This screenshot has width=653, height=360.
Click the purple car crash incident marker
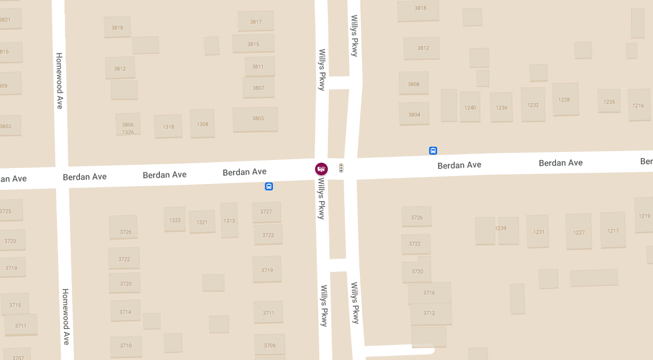321,169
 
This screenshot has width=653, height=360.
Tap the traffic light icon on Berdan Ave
341,168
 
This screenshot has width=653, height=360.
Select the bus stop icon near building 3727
269,186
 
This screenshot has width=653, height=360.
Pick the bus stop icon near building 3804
433,151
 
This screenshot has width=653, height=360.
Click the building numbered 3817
256,21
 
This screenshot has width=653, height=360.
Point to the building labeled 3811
259,67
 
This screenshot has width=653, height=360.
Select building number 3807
259,87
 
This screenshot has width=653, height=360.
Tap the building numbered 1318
168,126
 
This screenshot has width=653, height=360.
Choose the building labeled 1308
203,124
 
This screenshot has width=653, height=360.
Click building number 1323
175,220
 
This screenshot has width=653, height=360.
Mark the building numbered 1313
229,220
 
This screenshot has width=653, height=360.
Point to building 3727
267,212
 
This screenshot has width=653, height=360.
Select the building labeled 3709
270,345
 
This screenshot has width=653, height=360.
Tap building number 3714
125,311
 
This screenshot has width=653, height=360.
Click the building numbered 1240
470,107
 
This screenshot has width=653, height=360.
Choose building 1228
565,99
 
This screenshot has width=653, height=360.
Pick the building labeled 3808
414,84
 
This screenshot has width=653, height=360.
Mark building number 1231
538,231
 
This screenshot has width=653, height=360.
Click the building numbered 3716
429,293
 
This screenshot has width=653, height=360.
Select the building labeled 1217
613,230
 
